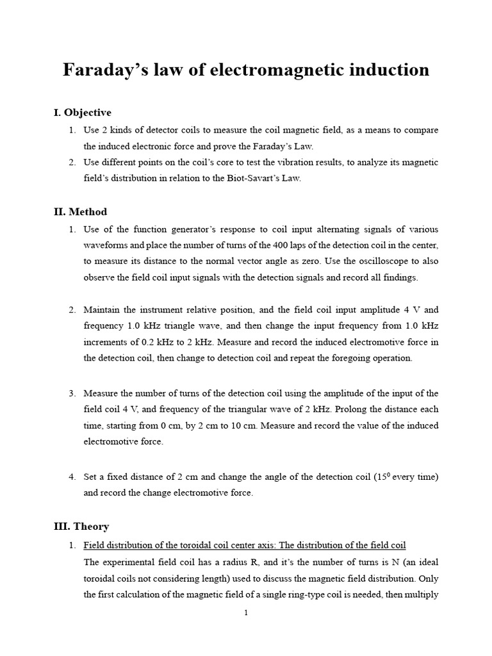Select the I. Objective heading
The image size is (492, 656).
tap(83, 113)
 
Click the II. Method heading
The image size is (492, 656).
tap(80, 211)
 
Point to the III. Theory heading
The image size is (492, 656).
tap(81, 526)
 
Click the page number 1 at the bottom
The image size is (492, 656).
tap(246, 613)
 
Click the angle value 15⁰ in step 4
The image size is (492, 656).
tap(382, 477)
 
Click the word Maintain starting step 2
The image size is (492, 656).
tap(102, 310)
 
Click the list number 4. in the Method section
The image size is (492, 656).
tap(72, 477)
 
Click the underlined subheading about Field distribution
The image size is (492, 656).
tap(245, 545)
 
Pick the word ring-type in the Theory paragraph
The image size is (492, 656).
tap(312, 594)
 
